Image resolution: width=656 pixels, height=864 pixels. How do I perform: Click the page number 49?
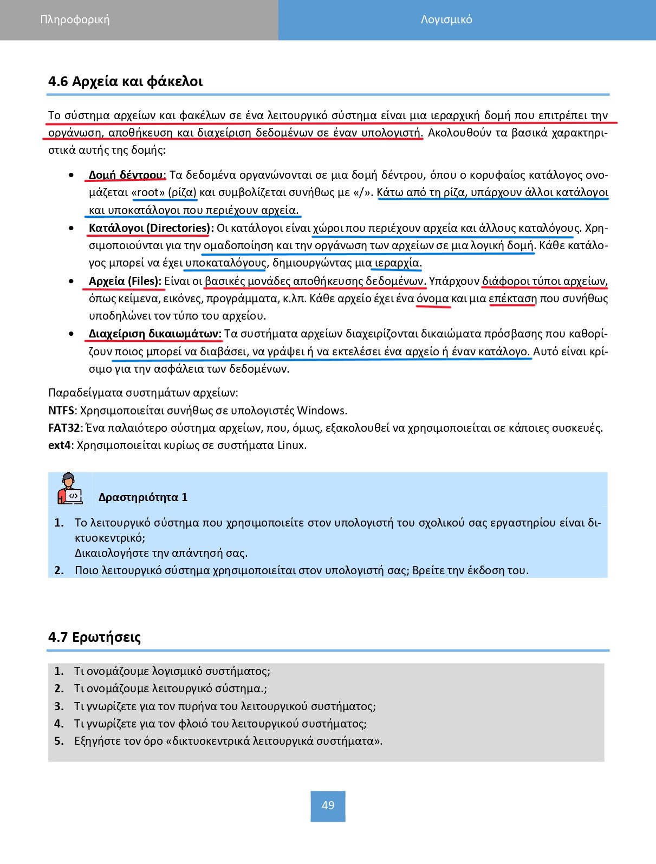coord(328,805)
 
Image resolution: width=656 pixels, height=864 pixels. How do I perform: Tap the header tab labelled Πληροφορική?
coord(75,20)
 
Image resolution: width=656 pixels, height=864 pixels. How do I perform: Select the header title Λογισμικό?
coord(446,20)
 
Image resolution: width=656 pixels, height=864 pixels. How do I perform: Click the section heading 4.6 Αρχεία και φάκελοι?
coord(125,81)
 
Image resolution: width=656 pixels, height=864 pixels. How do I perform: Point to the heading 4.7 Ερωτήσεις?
coord(94,637)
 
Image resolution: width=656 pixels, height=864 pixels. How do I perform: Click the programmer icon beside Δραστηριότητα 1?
coord(69,489)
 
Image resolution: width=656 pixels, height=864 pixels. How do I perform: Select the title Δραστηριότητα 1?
coord(143,497)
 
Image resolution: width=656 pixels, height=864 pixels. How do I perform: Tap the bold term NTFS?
coord(61,411)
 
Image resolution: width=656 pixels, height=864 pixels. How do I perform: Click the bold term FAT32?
coord(64,428)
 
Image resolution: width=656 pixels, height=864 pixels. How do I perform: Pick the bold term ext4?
coord(60,445)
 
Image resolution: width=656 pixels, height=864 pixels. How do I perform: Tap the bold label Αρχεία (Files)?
coord(125,281)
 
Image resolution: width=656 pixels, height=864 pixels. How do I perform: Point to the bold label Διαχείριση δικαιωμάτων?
coord(155,334)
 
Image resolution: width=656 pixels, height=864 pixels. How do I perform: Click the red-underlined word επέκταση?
coord(512,298)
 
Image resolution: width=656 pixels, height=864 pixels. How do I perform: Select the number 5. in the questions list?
coord(59,741)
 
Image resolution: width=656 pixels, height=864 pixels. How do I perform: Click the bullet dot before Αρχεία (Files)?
coord(72,281)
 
